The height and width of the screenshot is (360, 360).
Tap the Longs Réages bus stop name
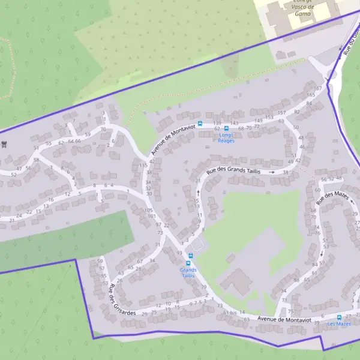tap(226, 137)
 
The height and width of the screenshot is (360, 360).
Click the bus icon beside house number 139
tap(200, 123)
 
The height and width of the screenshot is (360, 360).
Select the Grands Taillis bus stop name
tap(188, 272)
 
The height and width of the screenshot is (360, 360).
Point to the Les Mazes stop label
tap(339, 324)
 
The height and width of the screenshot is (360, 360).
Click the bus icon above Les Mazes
tap(339, 317)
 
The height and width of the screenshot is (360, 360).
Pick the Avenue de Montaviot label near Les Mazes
tap(284, 320)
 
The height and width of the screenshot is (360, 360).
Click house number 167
tap(318, 89)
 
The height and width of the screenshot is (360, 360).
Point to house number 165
tap(311, 95)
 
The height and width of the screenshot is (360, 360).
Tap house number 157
tap(282, 113)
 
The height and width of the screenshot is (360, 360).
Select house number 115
tap(143, 165)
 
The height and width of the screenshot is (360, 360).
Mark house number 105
tap(149, 210)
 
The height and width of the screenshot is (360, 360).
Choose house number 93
tap(179, 253)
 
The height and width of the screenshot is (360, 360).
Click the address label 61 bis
tap(230, 313)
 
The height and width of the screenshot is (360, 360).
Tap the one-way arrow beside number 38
tap(272, 172)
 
